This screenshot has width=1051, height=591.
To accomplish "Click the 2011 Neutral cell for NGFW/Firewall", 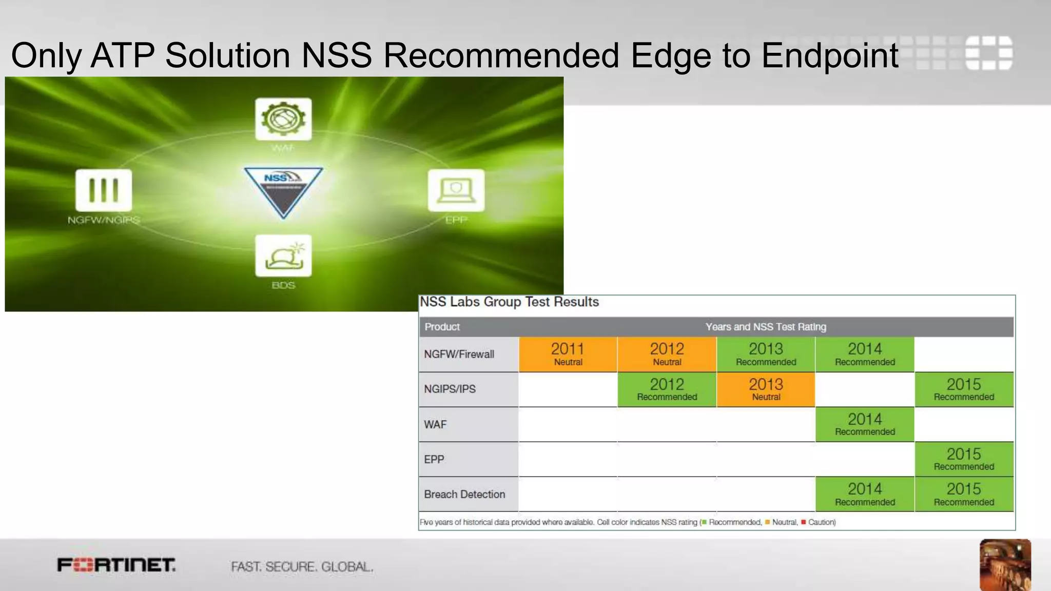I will point(568,354).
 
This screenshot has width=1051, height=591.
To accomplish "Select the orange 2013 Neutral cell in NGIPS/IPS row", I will point(766,389).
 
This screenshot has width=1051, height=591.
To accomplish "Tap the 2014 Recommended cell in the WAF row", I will point(865,424).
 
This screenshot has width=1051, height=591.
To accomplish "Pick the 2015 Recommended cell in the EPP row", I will point(964,459).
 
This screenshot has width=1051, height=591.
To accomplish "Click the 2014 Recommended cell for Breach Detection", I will point(865,494).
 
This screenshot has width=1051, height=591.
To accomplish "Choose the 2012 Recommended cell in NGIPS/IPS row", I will point(667,389).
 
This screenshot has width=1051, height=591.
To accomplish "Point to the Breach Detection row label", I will point(464,494).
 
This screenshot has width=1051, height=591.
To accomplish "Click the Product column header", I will point(442,327).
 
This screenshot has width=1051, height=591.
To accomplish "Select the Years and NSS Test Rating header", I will point(766,327).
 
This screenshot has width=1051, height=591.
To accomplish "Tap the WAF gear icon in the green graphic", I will point(283,119).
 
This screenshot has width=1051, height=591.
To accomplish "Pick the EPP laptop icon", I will point(456,190).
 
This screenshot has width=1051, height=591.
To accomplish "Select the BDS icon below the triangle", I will point(283,255).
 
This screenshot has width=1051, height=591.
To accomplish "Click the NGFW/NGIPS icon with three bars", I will point(104,190).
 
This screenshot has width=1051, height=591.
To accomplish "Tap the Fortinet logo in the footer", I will point(116,565).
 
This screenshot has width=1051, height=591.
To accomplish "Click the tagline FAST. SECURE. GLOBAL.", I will point(302,567).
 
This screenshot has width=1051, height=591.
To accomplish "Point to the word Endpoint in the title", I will point(829,55).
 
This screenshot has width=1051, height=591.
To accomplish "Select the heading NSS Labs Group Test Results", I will point(509,302).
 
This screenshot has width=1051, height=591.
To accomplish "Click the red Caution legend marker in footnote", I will point(803,522).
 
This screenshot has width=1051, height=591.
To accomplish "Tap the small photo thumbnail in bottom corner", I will point(1005,564).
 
